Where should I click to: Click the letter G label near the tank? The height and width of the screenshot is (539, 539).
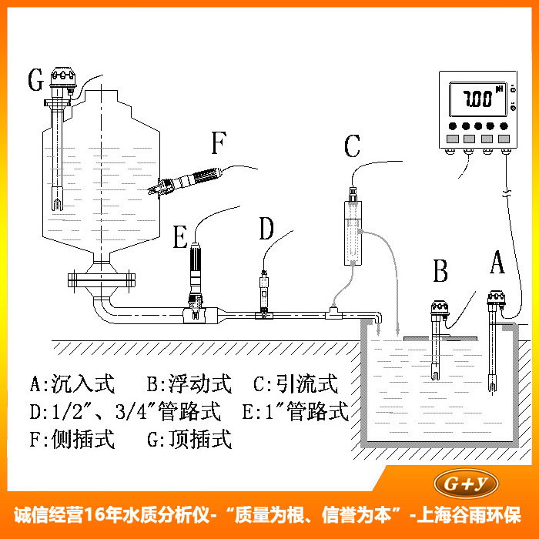(x=34, y=80)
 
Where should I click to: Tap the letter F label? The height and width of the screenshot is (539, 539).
(x=219, y=144)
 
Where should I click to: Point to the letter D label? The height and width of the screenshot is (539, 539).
(x=266, y=229)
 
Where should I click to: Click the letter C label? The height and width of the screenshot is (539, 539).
(x=352, y=146)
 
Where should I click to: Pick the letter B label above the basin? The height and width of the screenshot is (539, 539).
(x=440, y=272)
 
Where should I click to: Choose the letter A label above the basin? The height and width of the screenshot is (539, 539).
(x=497, y=264)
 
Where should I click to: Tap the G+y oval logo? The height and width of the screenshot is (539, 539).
(x=467, y=483)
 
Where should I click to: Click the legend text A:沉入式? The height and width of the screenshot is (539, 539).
(x=72, y=383)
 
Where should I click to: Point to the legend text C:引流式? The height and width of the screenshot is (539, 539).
(x=295, y=383)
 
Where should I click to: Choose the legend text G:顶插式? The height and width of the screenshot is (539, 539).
(x=189, y=440)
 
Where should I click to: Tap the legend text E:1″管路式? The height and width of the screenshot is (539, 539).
(x=295, y=412)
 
